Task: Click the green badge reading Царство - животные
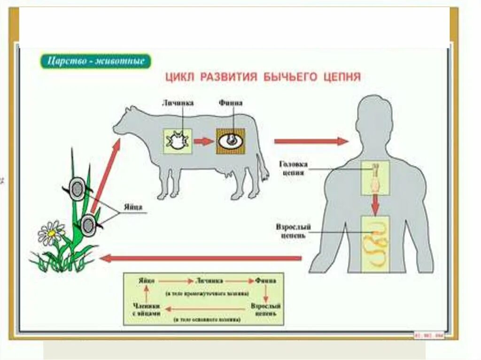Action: (x=95, y=61)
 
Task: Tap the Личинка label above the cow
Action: (x=178, y=103)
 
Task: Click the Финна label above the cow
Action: (x=230, y=103)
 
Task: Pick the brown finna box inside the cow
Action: (x=231, y=141)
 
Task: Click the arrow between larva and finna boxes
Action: (x=204, y=141)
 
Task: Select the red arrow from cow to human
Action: (x=311, y=141)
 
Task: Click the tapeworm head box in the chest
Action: (x=375, y=178)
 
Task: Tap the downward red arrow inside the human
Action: (x=375, y=205)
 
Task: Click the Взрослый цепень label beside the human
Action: (x=292, y=231)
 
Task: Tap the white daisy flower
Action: (x=51, y=233)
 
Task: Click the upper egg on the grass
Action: (x=77, y=188)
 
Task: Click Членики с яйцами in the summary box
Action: (x=147, y=308)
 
